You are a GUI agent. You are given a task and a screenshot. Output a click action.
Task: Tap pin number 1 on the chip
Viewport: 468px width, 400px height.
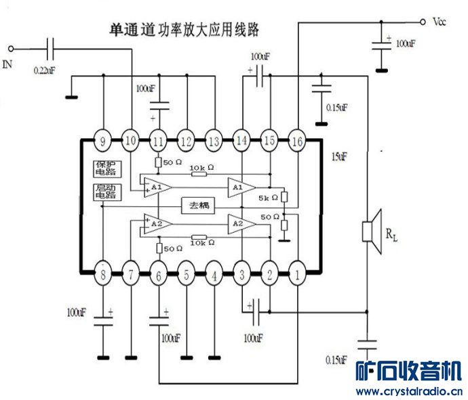tap(297, 274)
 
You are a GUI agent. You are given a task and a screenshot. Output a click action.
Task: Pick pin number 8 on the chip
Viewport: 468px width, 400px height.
tap(103, 274)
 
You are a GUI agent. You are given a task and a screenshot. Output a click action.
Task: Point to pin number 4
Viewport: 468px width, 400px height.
tap(214, 274)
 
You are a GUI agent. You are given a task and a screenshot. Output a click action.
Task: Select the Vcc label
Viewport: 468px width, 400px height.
tap(440, 21)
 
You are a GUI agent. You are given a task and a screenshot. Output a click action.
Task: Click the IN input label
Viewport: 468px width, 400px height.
tap(7, 64)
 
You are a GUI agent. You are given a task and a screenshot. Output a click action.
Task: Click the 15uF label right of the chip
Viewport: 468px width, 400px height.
tap(339, 156)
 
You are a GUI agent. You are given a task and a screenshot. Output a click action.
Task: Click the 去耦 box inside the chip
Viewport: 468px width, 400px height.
tap(199, 205)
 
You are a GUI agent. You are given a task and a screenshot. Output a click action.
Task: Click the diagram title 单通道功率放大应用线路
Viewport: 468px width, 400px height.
tap(184, 30)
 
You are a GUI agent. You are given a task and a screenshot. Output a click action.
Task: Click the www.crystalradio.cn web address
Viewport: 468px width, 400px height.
tap(410, 391)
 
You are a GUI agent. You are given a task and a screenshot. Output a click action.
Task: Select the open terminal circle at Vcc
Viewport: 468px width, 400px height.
tap(422, 21)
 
